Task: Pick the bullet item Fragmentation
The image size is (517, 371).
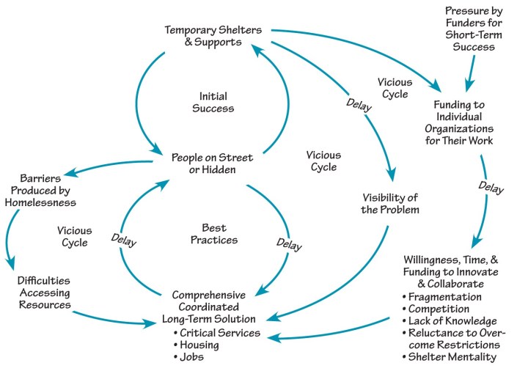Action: coord(444,297)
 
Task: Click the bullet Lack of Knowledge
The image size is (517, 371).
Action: coord(452,320)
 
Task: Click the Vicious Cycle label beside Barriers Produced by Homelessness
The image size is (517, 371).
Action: coord(74,237)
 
